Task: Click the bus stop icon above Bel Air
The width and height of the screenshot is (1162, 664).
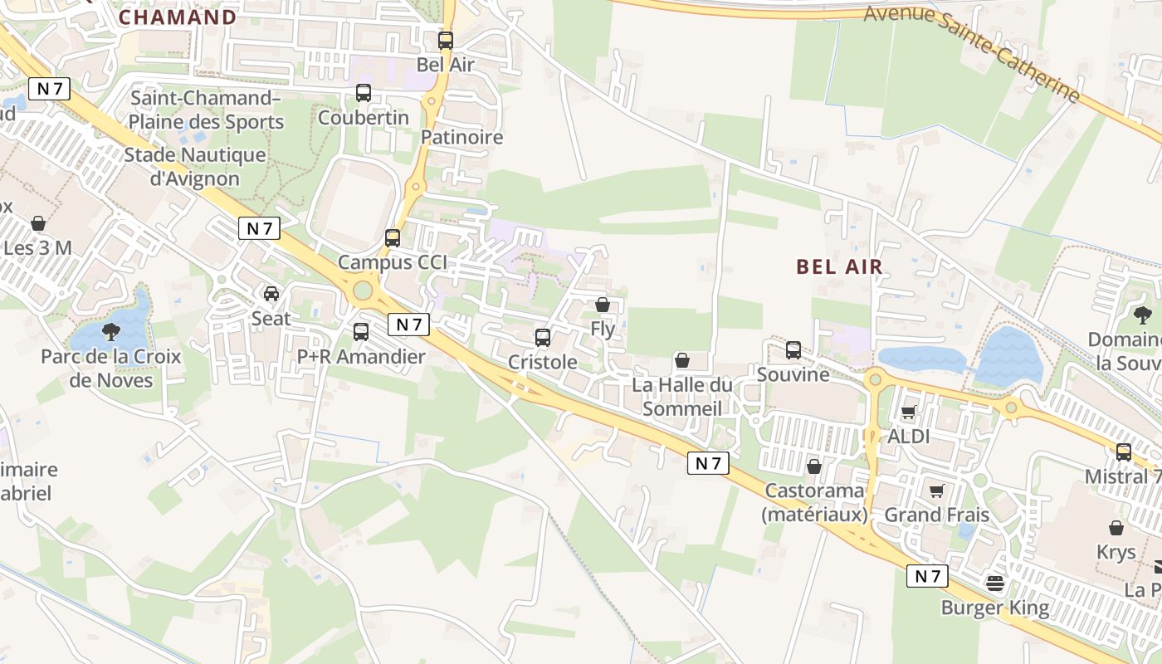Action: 446,40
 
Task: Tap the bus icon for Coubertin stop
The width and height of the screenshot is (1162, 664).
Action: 364,93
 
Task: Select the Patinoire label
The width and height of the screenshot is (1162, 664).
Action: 462,137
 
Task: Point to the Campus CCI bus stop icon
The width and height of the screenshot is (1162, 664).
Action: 393,238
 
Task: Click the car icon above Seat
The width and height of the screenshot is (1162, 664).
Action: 271,294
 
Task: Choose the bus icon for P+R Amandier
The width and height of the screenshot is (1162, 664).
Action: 361,332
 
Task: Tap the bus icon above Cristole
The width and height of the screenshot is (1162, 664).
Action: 543,338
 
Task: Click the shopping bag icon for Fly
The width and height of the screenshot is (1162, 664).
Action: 603,305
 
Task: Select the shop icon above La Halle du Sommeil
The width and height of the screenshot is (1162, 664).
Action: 682,360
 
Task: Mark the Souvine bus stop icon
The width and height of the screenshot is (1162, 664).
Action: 793,350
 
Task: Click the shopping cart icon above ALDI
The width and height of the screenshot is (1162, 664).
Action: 909,412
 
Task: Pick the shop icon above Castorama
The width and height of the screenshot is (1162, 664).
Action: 814,466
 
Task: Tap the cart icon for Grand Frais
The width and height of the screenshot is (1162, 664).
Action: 937,491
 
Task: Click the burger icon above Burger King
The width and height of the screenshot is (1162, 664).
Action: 995,583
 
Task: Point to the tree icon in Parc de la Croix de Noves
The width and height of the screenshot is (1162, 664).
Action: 111,332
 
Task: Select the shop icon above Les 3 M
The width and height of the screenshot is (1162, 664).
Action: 37,223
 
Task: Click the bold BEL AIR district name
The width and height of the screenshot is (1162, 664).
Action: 839,266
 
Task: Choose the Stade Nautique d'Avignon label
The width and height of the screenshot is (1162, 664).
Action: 194,167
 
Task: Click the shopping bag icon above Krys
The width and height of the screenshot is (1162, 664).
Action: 1116,528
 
